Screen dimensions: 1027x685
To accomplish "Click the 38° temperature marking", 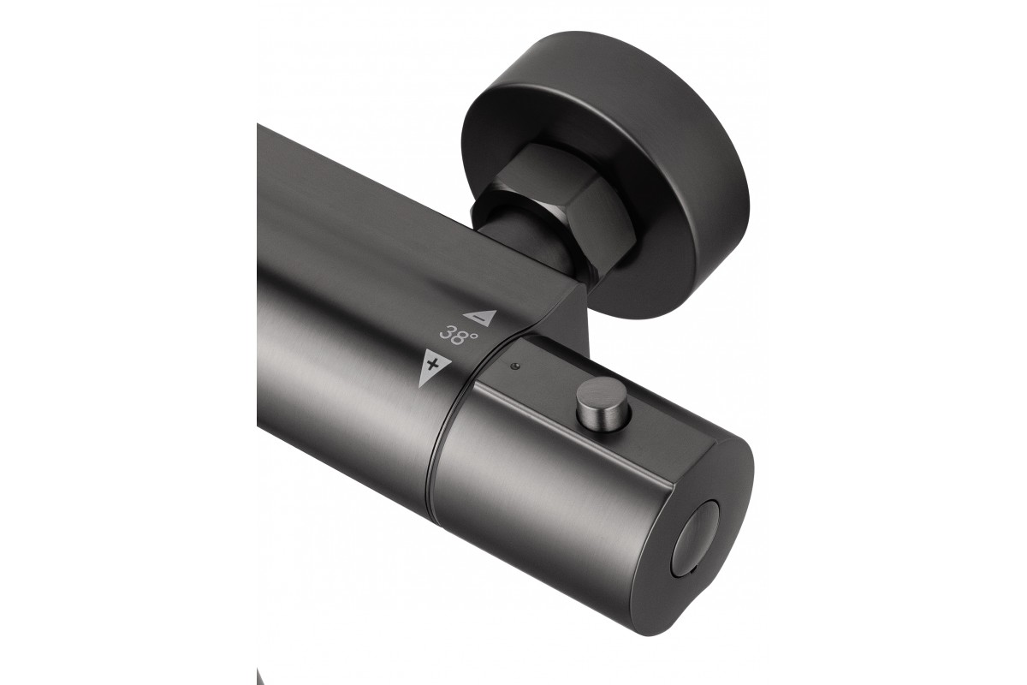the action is click(x=459, y=335).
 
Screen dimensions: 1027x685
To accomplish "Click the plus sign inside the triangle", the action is click(x=432, y=365).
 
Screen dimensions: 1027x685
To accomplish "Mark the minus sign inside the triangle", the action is click(x=480, y=318).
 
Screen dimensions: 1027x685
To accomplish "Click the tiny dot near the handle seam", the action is click(x=515, y=366).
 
